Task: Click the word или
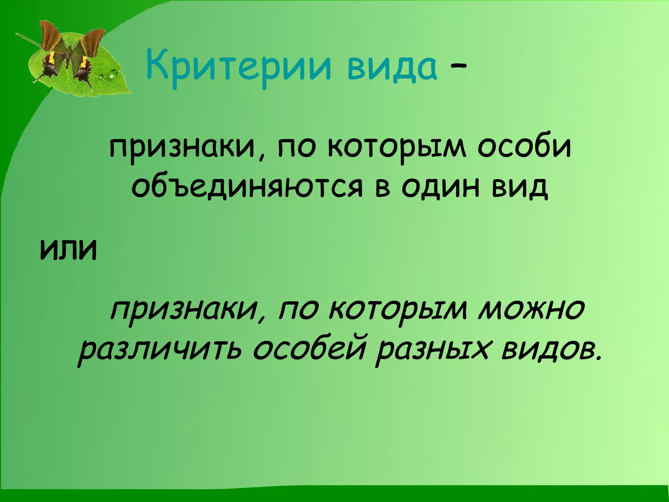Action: click(x=68, y=250)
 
